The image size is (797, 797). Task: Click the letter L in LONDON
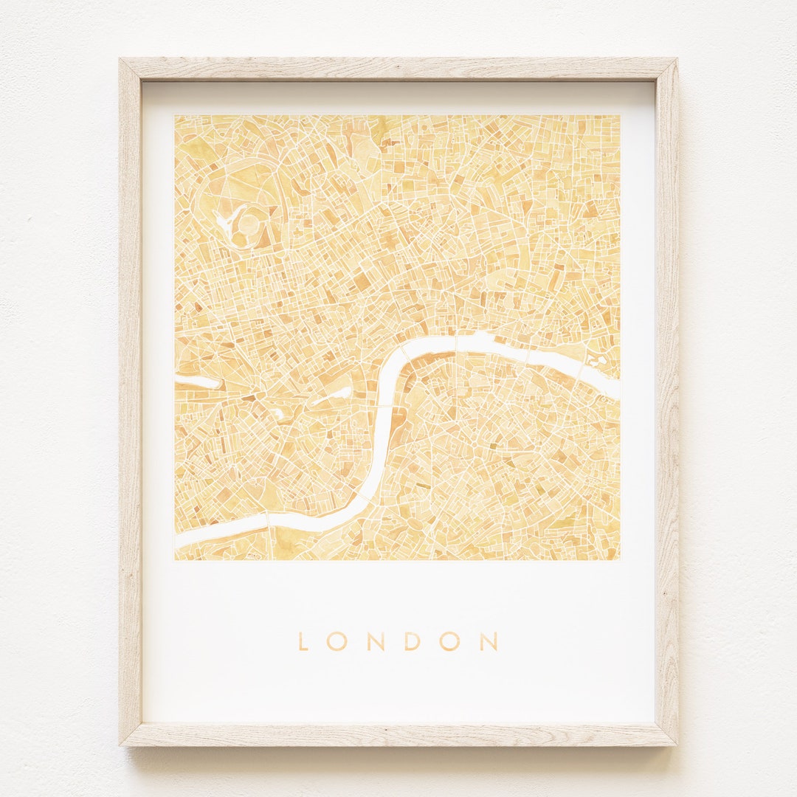click(x=303, y=641)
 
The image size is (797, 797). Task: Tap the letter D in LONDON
click(x=412, y=641)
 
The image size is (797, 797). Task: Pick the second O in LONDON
click(x=449, y=641)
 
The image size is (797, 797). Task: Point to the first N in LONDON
click(x=375, y=641)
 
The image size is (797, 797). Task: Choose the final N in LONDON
click(x=488, y=641)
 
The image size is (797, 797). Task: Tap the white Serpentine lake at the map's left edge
click(x=196, y=382)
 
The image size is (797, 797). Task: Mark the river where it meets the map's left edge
click(x=178, y=542)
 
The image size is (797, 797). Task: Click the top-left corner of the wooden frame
click(x=120, y=60)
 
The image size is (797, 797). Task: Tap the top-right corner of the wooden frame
click(x=676, y=60)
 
